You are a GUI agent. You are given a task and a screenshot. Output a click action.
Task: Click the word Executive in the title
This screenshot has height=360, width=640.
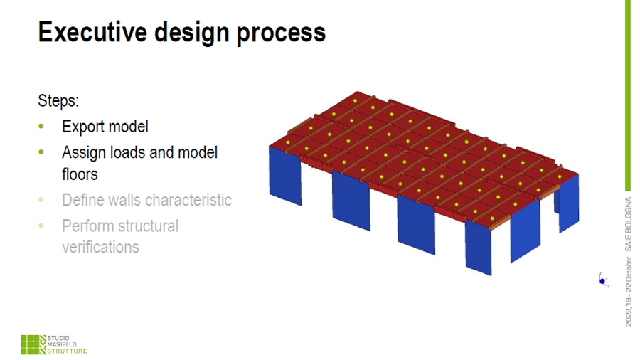[92, 32]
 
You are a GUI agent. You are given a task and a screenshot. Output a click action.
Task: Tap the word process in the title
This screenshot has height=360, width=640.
[281, 33]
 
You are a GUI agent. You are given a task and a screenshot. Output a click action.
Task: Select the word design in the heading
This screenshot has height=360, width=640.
[192, 33]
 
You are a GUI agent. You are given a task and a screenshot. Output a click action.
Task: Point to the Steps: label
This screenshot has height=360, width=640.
[58, 100]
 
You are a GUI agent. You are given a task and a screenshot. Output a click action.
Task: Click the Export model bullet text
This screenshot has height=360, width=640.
[105, 127]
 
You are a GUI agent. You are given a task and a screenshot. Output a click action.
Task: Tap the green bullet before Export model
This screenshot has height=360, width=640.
[41, 127]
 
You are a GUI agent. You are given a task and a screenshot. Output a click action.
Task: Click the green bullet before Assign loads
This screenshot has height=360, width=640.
[41, 152]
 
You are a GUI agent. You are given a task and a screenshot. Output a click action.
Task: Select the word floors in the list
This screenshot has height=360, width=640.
[80, 174]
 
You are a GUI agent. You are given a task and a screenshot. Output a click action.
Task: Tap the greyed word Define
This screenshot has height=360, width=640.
[81, 200]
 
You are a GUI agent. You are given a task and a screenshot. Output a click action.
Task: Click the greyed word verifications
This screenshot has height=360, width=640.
[100, 247]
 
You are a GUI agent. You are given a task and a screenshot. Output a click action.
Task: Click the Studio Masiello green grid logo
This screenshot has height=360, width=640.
[33, 345]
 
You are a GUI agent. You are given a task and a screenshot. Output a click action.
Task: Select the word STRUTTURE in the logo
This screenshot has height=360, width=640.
[68, 351]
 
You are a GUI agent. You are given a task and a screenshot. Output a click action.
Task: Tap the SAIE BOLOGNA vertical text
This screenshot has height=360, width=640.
[628, 224]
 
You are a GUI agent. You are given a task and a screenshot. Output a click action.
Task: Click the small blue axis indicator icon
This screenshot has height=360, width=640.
[603, 280]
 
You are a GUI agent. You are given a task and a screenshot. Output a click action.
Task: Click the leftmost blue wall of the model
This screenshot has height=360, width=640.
[285, 176]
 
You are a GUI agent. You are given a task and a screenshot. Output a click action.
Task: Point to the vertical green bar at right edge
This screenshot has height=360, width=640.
[628, 95]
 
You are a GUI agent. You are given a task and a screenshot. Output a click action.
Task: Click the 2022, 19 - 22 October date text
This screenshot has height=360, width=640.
[628, 292]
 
